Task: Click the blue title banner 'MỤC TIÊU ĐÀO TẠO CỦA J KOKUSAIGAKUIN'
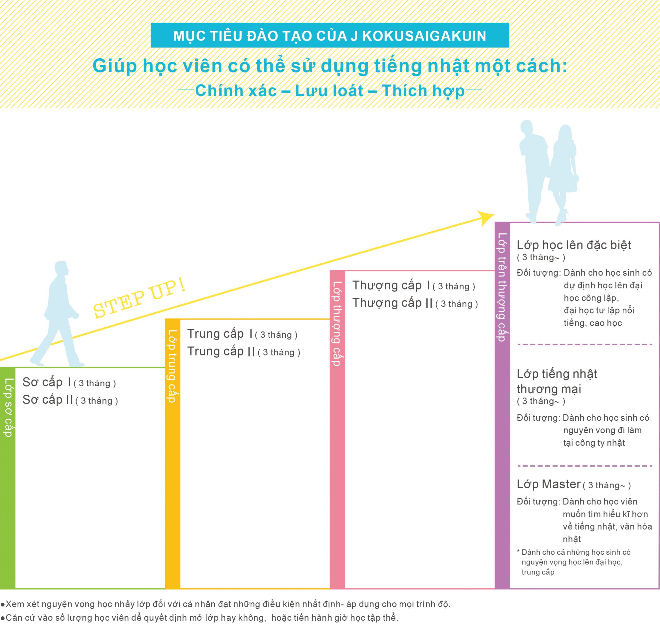330,35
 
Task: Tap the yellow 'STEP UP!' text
139,299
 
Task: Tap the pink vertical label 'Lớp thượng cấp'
337,323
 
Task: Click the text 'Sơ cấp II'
47,400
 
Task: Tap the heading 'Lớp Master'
549,484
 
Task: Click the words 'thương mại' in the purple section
549,389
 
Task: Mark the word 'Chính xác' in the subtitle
236,91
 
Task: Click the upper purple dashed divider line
584,344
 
